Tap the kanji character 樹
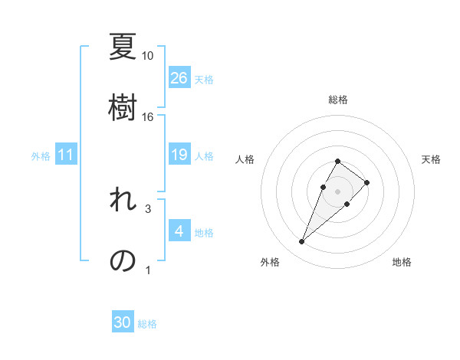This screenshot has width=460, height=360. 123,106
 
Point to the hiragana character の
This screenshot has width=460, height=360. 123,260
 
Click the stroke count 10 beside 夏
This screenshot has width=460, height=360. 148,56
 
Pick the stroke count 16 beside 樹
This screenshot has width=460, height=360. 148,117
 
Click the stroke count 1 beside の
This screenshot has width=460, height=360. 148,270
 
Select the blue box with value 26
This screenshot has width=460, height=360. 179,77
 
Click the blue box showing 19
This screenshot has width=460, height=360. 179,155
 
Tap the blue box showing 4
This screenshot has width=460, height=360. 179,231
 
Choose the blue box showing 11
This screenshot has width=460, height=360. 66,155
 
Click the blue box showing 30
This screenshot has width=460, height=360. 123,323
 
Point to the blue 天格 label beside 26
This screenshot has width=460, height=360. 204,79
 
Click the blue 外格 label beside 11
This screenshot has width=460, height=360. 41,156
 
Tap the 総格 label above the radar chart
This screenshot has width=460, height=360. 337,100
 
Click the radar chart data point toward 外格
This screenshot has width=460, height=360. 301,242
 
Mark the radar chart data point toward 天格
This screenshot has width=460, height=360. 367,182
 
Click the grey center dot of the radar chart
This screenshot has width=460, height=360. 337,190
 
